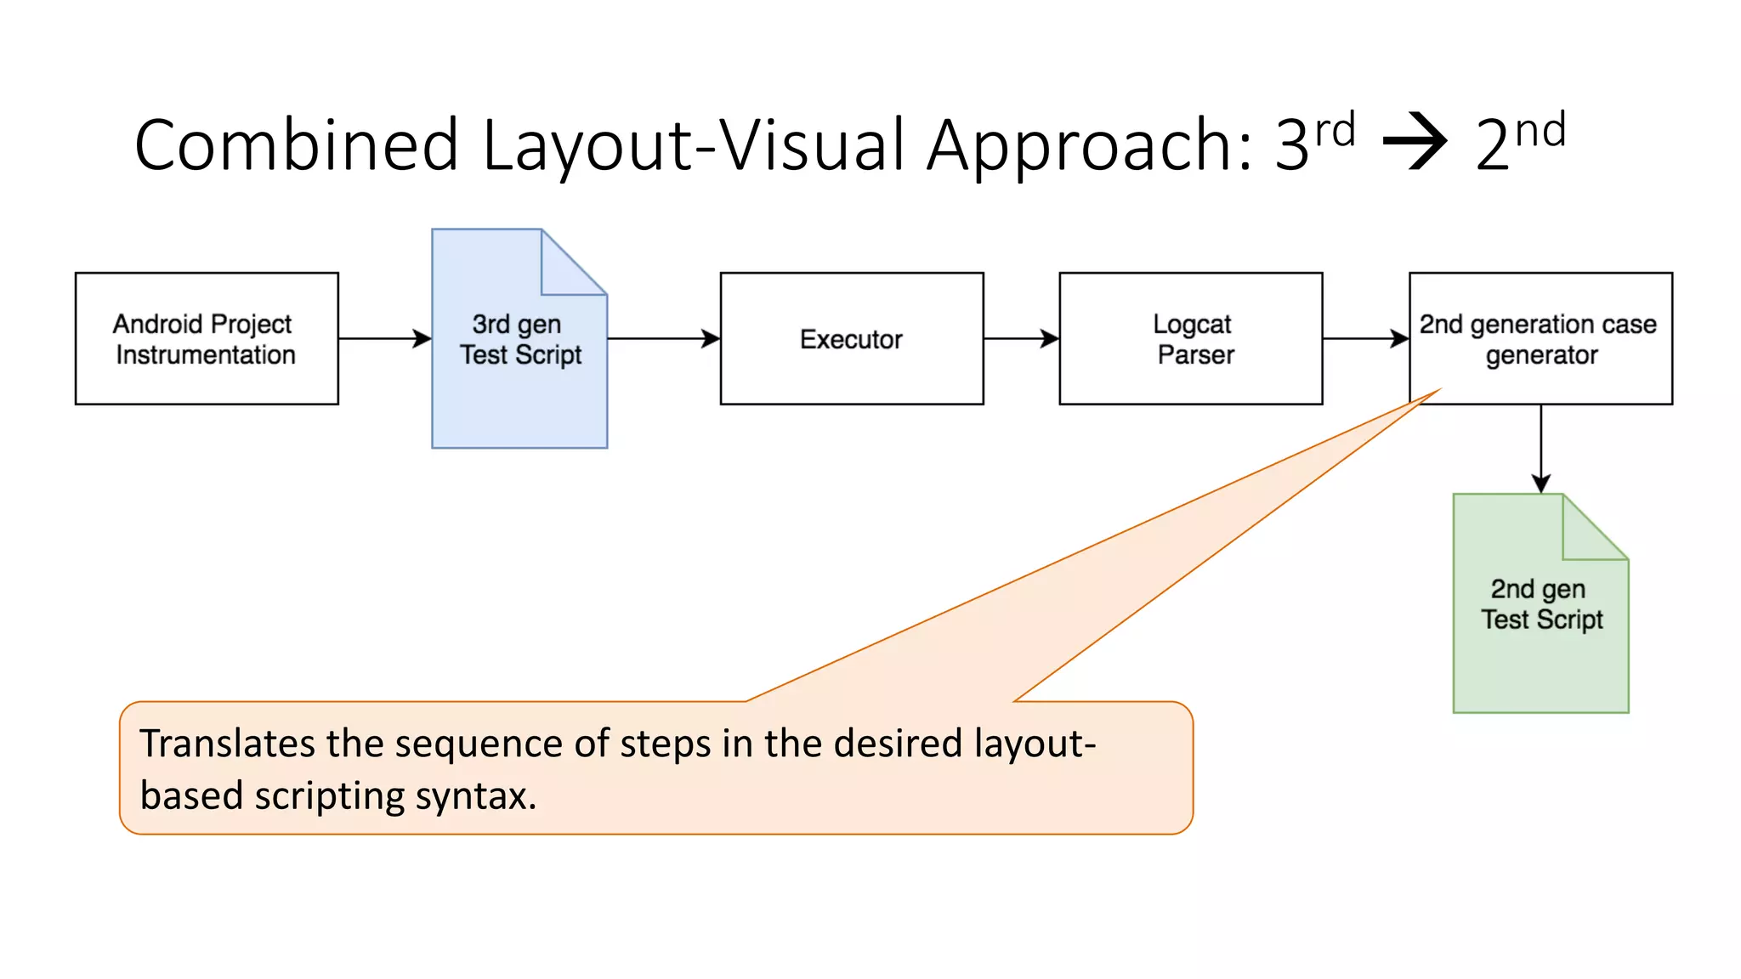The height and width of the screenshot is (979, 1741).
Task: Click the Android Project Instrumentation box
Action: [207, 338]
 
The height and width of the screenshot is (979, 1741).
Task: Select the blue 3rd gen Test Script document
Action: [519, 374]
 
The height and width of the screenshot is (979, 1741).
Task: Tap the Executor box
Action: [851, 338]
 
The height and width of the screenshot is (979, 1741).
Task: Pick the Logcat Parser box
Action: [1190, 338]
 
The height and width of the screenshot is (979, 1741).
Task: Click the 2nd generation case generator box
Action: [1540, 338]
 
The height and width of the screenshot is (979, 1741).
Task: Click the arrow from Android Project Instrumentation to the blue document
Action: [384, 338]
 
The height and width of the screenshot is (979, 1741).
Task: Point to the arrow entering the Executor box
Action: [663, 338]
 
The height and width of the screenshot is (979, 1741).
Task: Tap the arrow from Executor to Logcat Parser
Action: [1021, 338]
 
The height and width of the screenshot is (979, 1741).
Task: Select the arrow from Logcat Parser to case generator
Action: [1365, 338]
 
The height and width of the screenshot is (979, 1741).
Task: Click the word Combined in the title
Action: [296, 145]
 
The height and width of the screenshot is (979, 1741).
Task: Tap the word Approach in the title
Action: [1089, 145]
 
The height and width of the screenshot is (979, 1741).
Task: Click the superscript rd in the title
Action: [1335, 130]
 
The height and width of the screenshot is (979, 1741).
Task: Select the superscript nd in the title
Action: [1540, 130]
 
